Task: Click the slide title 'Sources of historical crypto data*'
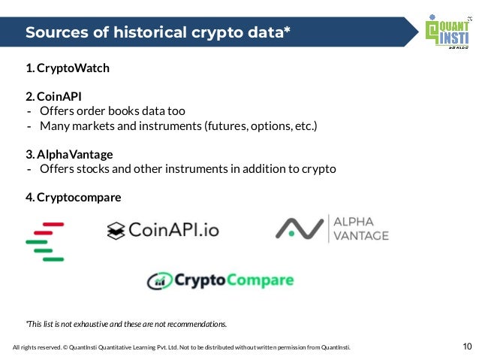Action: (158, 32)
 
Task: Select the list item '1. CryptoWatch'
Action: (68, 68)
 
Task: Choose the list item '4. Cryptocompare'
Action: (73, 197)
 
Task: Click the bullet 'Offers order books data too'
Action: (113, 111)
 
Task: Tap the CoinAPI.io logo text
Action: (173, 229)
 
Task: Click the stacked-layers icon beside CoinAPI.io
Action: (115, 230)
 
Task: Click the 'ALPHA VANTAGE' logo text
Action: (360, 228)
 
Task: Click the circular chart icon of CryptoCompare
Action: (159, 281)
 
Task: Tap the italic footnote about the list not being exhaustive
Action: (126, 324)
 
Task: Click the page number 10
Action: (467, 346)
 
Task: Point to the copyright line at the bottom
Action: (181, 347)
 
